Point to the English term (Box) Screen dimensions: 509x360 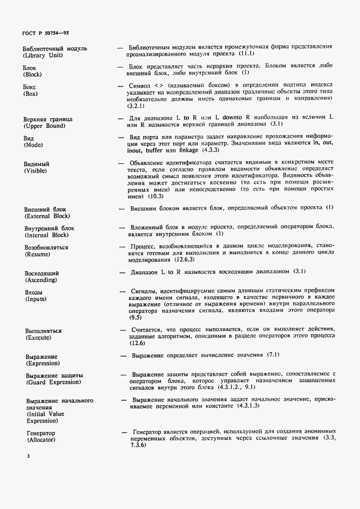tap(30, 94)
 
